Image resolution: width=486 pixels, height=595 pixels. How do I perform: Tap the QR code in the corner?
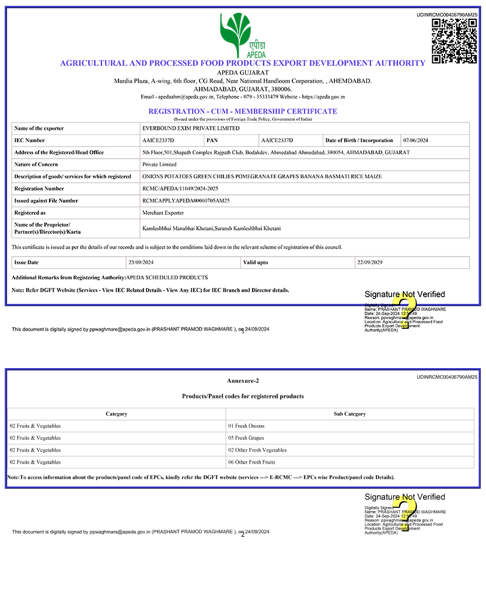454,41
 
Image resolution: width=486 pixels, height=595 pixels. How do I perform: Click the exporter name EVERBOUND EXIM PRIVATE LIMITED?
191,128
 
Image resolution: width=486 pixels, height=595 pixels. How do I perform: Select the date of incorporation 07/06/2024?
416,141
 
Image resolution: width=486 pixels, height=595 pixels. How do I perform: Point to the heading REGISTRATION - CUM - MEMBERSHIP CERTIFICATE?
243,111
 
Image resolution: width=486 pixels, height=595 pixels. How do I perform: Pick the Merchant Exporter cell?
163,213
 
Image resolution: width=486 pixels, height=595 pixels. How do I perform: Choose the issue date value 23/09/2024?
141,262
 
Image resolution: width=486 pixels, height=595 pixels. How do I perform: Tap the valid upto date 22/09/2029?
369,262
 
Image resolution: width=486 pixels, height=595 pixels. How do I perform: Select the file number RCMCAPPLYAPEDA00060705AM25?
186,201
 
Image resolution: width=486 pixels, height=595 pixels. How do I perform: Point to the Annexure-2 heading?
243,381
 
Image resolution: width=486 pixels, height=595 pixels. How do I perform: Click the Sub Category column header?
349,414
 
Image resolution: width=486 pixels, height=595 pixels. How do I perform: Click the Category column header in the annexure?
116,414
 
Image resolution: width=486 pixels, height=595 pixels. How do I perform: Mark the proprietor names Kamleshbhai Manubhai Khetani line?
211,228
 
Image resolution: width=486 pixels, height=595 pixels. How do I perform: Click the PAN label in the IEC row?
212,141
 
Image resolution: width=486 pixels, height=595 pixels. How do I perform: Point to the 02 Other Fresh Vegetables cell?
257,450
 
